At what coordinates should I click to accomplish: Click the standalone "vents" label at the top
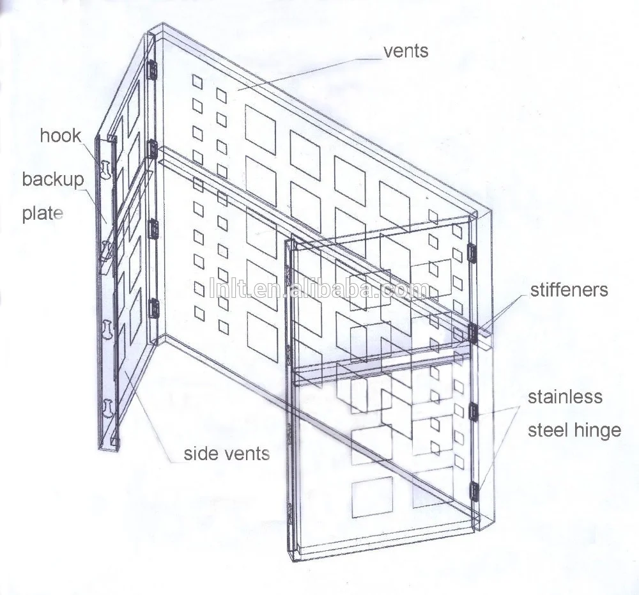click(405, 50)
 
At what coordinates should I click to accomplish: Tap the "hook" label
click(61, 135)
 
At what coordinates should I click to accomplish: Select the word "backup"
click(53, 179)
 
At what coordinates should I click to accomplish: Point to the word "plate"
click(43, 213)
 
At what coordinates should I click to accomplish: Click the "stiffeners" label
click(569, 290)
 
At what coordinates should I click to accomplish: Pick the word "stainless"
click(565, 397)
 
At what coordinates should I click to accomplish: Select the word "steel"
click(548, 429)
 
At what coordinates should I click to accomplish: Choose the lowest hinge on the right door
click(475, 490)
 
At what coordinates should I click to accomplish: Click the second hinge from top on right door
click(473, 332)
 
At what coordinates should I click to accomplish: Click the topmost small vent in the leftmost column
click(197, 81)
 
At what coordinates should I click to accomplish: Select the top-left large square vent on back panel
click(261, 130)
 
